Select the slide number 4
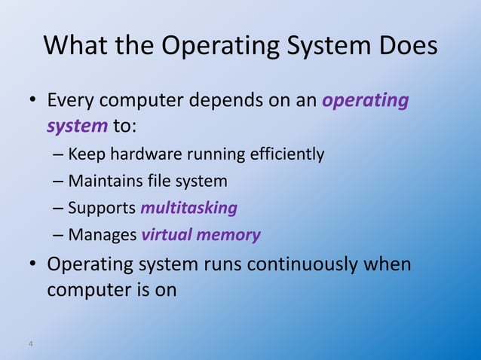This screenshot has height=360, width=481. (x=30, y=344)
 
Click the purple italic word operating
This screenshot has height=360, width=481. (x=366, y=101)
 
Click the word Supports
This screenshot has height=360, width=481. (x=102, y=208)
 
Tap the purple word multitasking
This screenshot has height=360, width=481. (x=189, y=208)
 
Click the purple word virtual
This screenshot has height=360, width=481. (x=166, y=235)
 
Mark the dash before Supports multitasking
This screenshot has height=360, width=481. (x=59, y=209)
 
